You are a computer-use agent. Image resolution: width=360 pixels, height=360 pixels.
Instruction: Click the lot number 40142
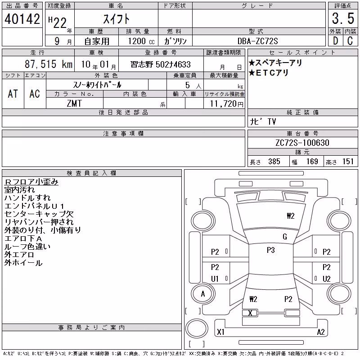22,19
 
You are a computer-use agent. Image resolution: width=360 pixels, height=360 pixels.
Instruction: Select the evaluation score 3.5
343,18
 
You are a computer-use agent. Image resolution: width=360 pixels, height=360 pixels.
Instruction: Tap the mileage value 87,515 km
49,64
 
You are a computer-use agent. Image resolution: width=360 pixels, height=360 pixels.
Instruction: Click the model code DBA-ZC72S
257,41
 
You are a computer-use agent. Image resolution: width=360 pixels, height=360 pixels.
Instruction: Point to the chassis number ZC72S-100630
302,143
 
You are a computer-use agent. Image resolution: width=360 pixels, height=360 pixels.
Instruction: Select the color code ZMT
74,103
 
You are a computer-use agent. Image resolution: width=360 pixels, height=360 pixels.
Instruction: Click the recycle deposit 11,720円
226,103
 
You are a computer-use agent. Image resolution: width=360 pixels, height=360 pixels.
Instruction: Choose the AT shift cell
13,94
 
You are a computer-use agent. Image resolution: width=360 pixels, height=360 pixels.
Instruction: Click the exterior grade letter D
335,41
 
